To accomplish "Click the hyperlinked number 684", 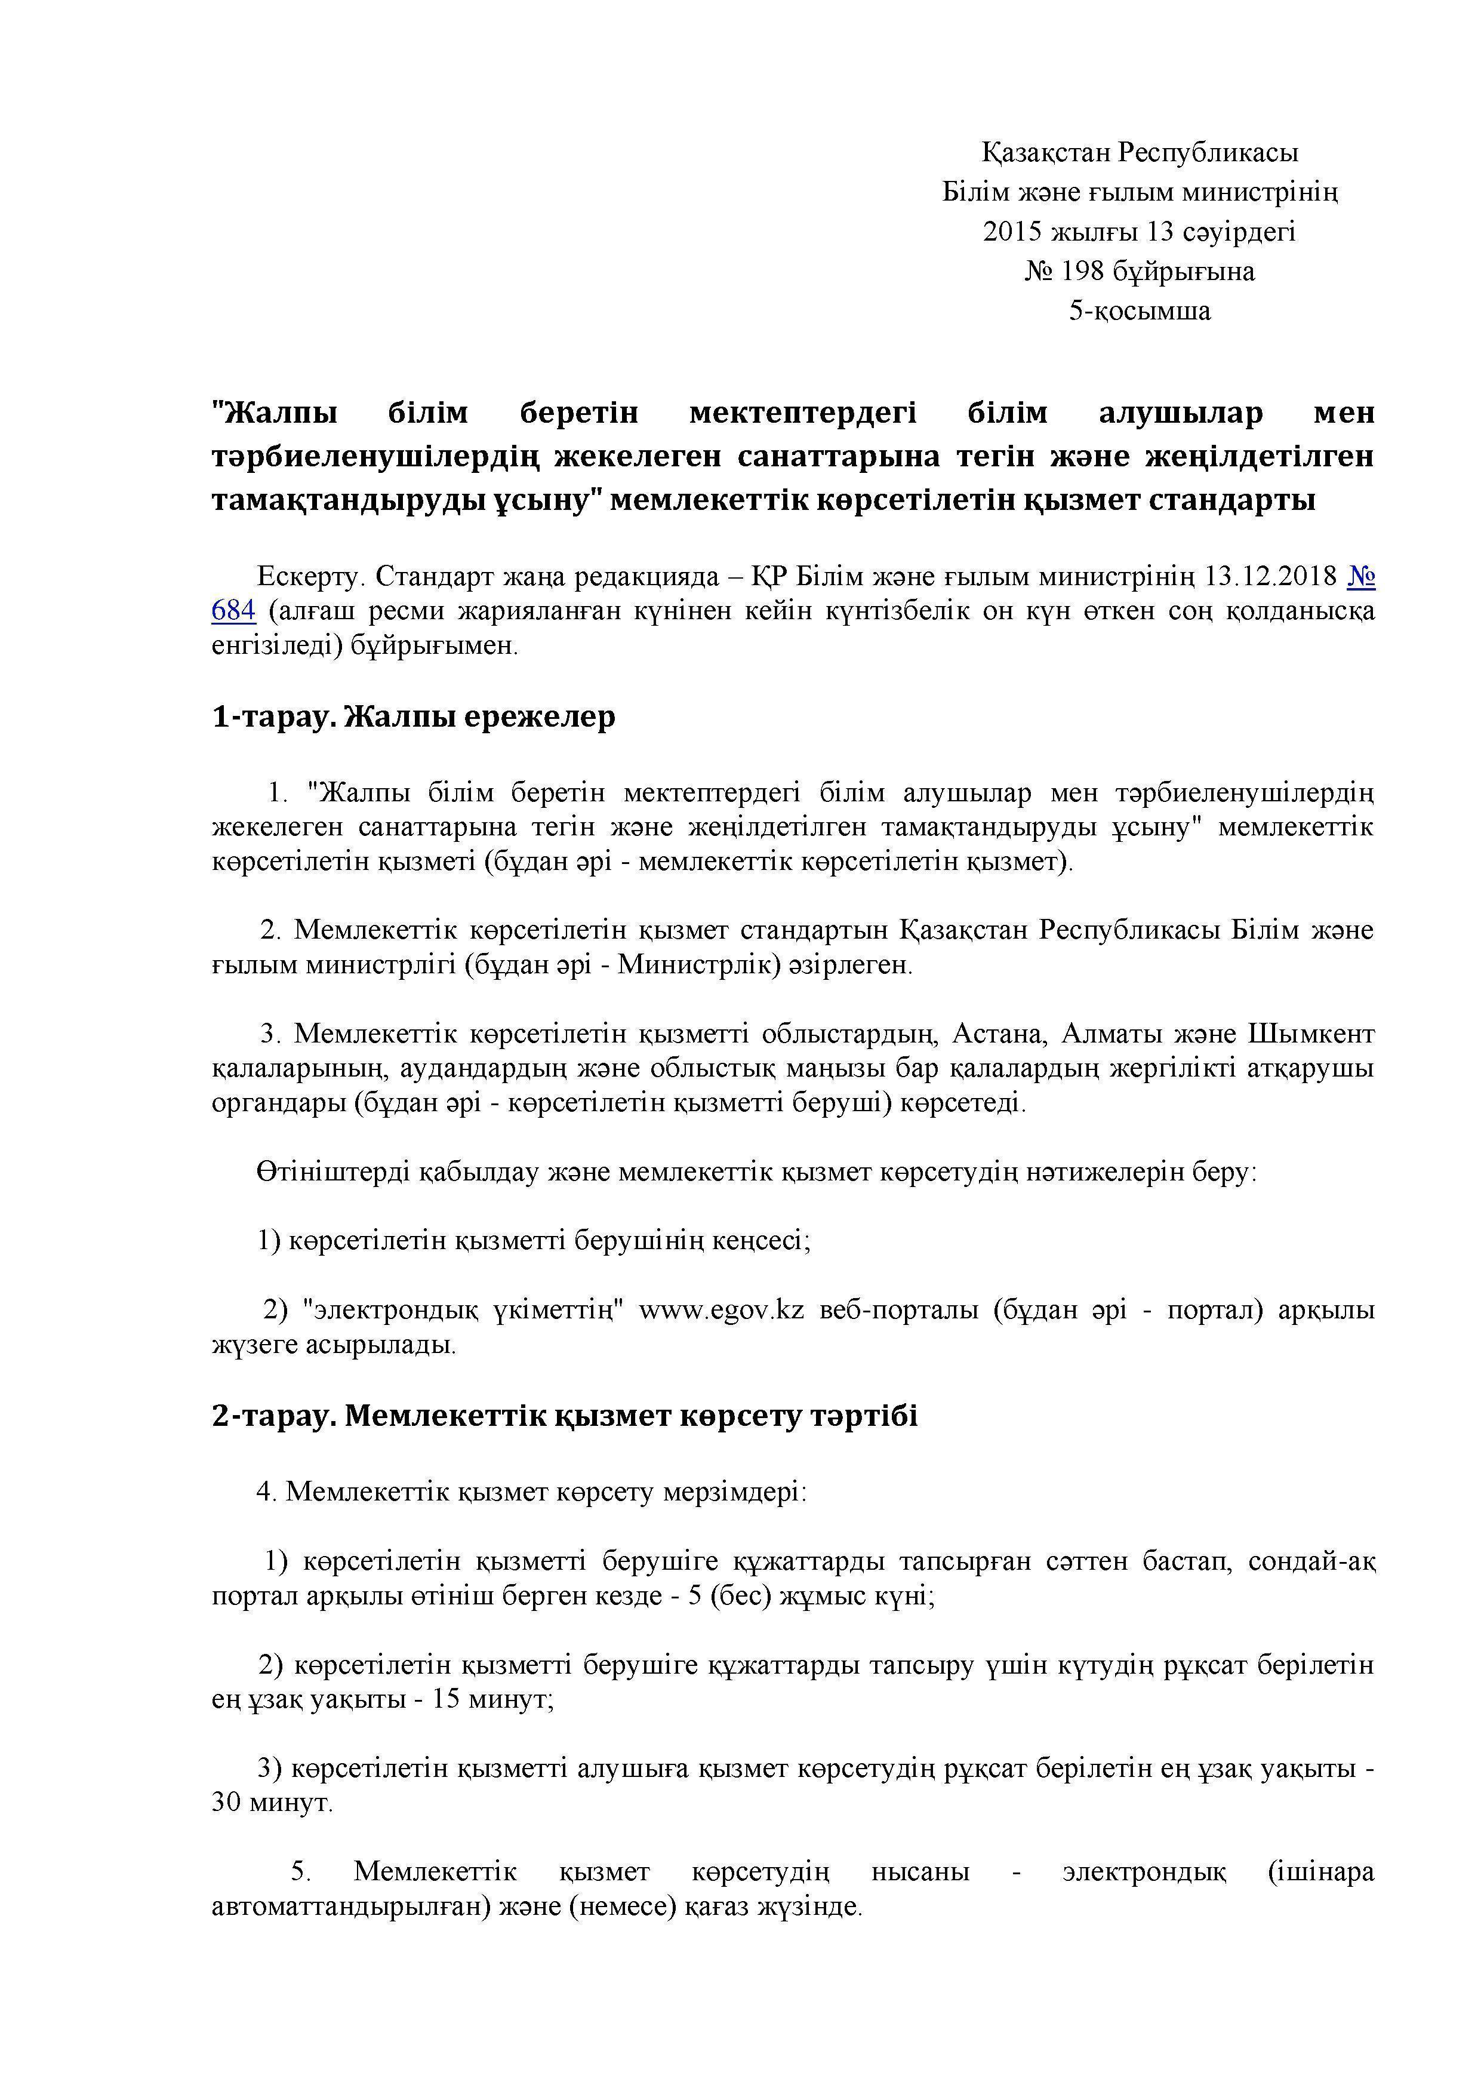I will coord(233,610).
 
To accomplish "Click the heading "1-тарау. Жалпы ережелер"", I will coord(413,717).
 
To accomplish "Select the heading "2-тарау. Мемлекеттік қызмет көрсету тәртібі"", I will coord(565,1416).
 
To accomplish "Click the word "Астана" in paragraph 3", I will coord(997,1034).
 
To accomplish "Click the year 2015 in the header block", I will coord(1012,232).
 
